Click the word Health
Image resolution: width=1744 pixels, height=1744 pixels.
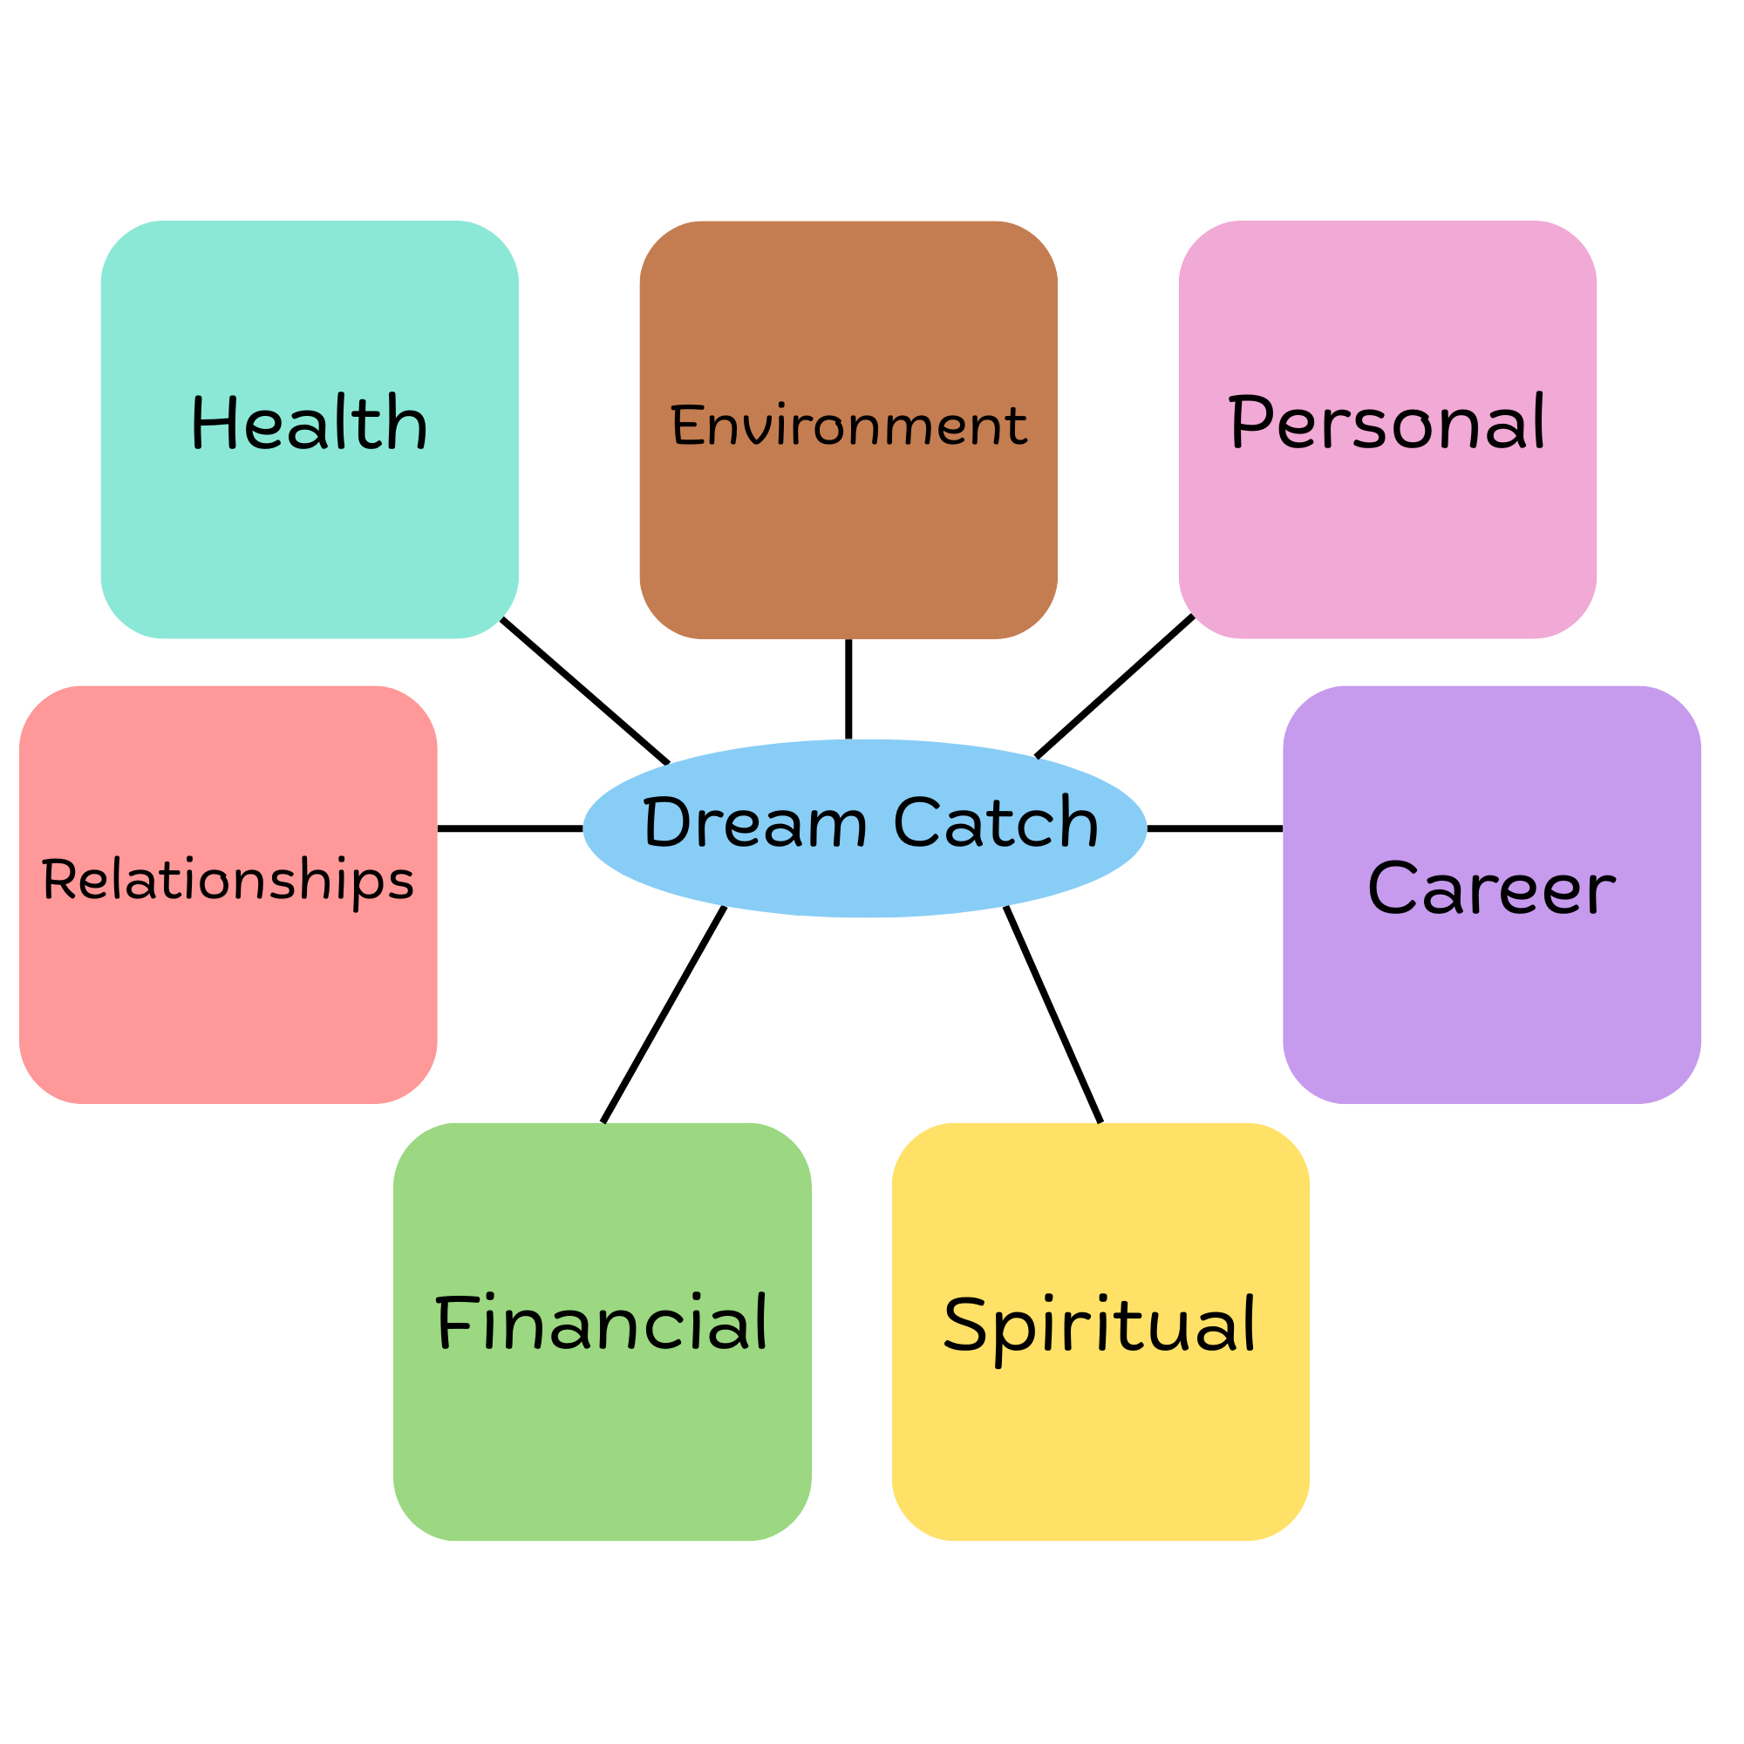coord(309,422)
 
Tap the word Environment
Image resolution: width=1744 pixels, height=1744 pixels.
coord(848,426)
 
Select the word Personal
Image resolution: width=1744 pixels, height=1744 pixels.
coord(1387,421)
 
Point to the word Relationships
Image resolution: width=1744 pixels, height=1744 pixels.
coord(228,880)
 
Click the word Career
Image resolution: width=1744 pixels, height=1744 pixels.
coord(1491,889)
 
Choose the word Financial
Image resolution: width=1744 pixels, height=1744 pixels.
coord(601,1324)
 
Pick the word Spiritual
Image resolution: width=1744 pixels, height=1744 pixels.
coord(1100,1325)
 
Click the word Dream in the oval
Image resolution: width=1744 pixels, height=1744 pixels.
coord(754,822)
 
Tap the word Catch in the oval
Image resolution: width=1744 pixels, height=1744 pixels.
coord(996,822)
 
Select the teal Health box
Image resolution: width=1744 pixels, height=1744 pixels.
coord(309,542)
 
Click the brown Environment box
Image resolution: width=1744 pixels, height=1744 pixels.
coord(848,542)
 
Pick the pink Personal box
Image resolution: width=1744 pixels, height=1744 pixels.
coord(1387,542)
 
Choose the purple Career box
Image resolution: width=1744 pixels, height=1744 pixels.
coord(1491,1002)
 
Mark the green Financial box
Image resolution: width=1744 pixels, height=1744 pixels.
coord(601,1444)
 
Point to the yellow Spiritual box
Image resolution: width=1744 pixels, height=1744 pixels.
coord(1100,1444)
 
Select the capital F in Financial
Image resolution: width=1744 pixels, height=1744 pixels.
coord(455,1322)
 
